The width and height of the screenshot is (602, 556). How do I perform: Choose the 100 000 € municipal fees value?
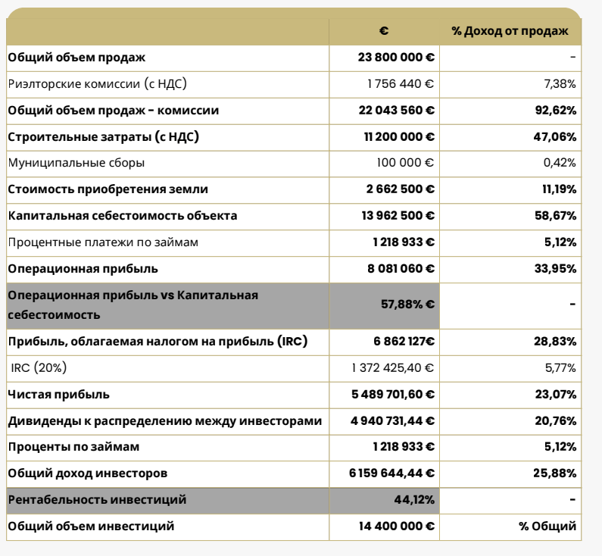coord(406,163)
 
